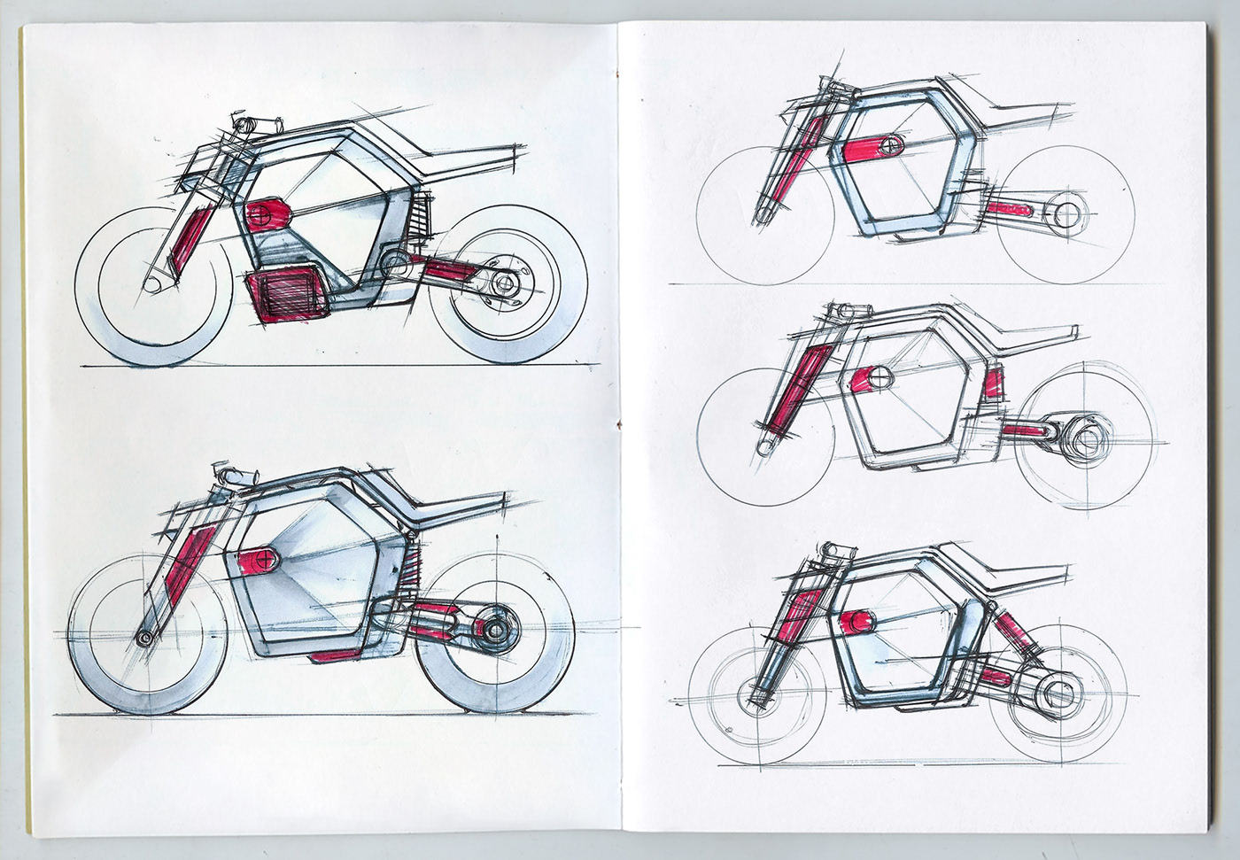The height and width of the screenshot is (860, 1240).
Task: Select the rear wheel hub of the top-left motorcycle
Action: coord(506,283)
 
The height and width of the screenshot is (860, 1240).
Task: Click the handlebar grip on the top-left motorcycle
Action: coord(247,120)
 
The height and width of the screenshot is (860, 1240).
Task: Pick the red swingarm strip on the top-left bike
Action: coord(449,265)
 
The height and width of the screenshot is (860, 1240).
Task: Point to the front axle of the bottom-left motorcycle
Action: coord(143,637)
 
